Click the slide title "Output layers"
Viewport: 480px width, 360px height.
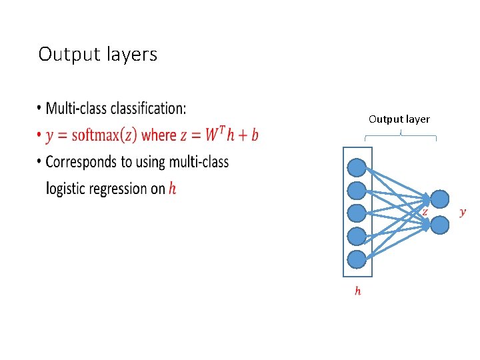(97, 54)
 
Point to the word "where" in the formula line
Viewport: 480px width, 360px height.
(159, 135)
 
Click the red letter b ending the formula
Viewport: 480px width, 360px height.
(255, 135)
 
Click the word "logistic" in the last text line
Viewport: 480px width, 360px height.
(66, 189)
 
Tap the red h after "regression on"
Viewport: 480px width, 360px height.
(173, 189)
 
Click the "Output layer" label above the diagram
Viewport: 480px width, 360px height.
(399, 119)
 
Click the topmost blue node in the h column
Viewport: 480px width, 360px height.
(357, 167)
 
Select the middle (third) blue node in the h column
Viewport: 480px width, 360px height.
(357, 213)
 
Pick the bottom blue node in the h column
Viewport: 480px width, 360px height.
(357, 258)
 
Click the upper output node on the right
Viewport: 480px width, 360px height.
(440, 199)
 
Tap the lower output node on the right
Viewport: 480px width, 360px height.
(440, 225)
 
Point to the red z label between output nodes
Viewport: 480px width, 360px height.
(425, 211)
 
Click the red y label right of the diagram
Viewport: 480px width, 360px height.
(463, 212)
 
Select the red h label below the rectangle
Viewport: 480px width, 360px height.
(358, 291)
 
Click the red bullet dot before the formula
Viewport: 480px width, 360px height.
(39, 136)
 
